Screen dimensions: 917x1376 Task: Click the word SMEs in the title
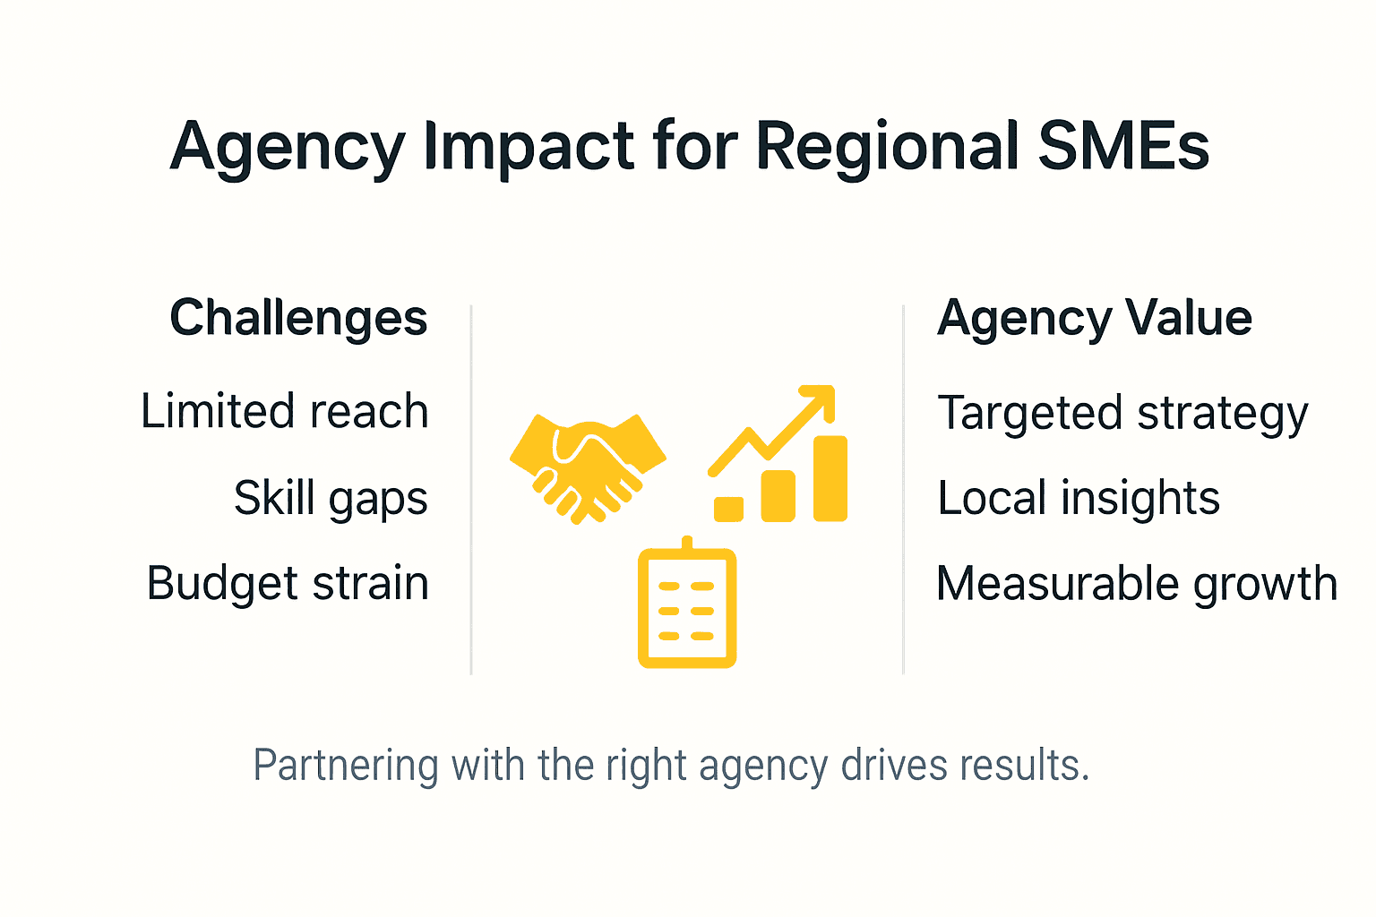pyautogui.click(x=1123, y=146)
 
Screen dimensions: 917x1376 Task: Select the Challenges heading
pyautogui.click(x=298, y=319)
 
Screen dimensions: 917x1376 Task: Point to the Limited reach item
pyautogui.click(x=285, y=412)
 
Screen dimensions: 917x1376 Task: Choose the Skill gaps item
pyautogui.click(x=331, y=499)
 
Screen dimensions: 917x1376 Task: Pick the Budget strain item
pyautogui.click(x=288, y=584)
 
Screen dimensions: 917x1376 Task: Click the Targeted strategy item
pyautogui.click(x=1122, y=415)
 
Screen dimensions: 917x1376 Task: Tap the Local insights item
pyautogui.click(x=1079, y=499)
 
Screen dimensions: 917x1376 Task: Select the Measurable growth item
pyautogui.click(x=1137, y=584)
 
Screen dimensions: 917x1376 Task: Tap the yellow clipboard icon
pyautogui.click(x=687, y=607)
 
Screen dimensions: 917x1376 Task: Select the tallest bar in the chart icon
pyautogui.click(x=830, y=478)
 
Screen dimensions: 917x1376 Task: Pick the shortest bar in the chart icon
pyautogui.click(x=728, y=509)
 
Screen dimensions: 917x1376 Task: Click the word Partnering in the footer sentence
pyautogui.click(x=346, y=767)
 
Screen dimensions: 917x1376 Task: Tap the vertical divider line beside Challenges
pyautogui.click(x=471, y=489)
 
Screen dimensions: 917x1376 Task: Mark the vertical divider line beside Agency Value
pyautogui.click(x=903, y=489)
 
